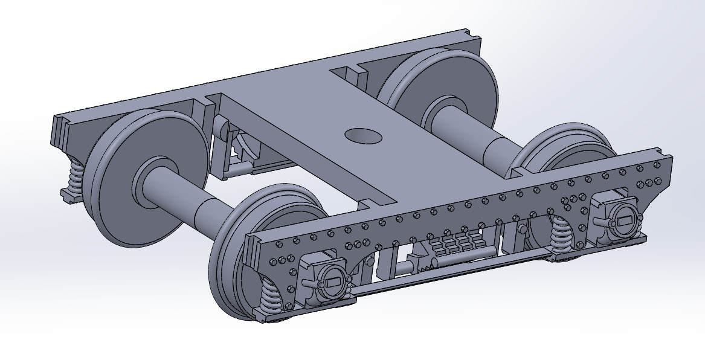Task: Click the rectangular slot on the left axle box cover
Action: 332,281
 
